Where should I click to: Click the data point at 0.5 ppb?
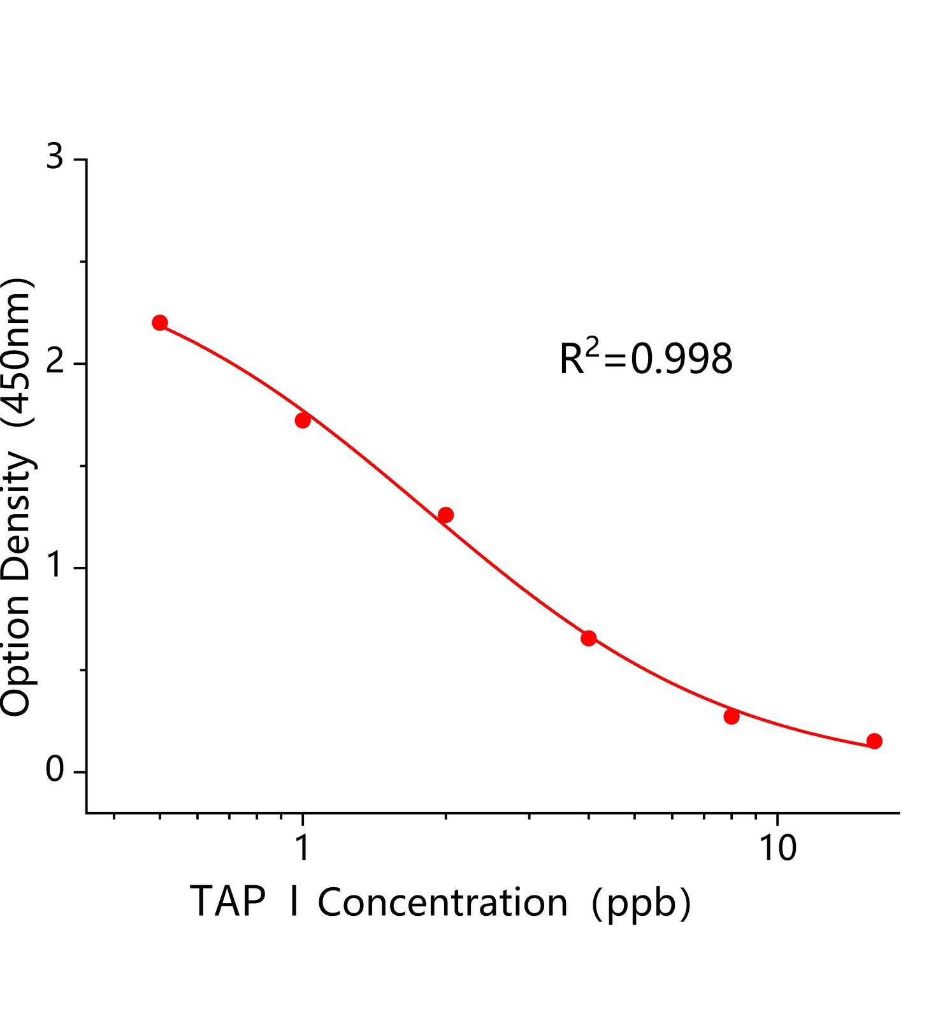pos(160,323)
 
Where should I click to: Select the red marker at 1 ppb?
pos(303,420)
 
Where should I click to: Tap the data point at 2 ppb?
pos(446,515)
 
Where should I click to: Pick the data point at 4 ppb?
pos(589,638)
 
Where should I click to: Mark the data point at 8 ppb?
pos(732,716)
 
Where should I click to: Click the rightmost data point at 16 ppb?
pos(874,741)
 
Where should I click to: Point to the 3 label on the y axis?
pos(55,157)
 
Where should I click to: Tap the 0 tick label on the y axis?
pos(55,771)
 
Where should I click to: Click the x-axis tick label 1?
pos(303,848)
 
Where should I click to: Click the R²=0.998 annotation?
pos(646,358)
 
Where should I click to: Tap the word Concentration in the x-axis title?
pos(442,903)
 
